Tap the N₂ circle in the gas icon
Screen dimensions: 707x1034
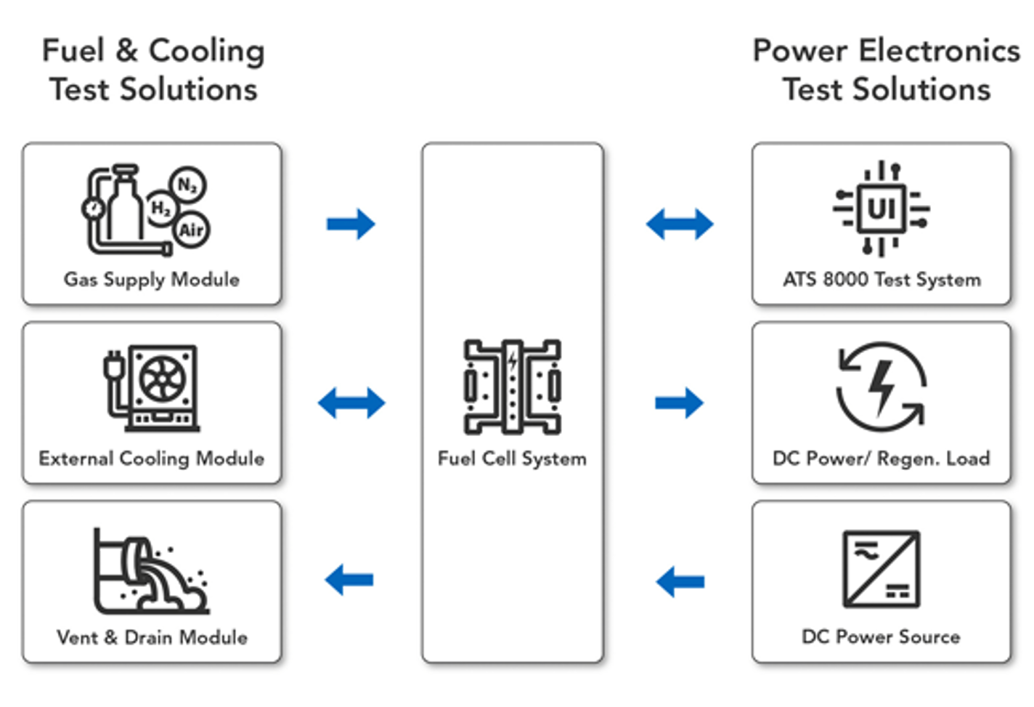pyautogui.click(x=187, y=185)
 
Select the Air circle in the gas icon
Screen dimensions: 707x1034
pyautogui.click(x=191, y=230)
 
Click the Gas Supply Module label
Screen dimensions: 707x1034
pyautogui.click(x=152, y=280)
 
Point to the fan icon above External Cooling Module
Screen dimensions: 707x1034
pyautogui.click(x=163, y=379)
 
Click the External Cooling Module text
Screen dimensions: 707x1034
pyautogui.click(x=152, y=458)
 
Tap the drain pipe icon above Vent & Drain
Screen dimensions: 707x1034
pyautogui.click(x=150, y=572)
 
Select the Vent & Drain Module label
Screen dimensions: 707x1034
pyautogui.click(x=152, y=637)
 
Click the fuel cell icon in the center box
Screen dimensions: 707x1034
pyautogui.click(x=513, y=387)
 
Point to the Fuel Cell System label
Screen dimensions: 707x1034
pyautogui.click(x=512, y=458)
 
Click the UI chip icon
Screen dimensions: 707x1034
pyautogui.click(x=882, y=209)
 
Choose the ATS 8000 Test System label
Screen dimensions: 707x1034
pyautogui.click(x=882, y=280)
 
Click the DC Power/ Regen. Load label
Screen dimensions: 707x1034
pyautogui.click(x=882, y=458)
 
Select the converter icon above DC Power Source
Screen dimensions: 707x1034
pyautogui.click(x=882, y=569)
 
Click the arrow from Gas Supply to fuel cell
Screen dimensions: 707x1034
pyautogui.click(x=351, y=224)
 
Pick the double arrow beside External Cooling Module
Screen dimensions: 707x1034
pyautogui.click(x=351, y=403)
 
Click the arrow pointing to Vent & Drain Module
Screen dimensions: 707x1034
pyautogui.click(x=349, y=580)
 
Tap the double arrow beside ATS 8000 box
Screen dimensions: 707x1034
pyautogui.click(x=680, y=224)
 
